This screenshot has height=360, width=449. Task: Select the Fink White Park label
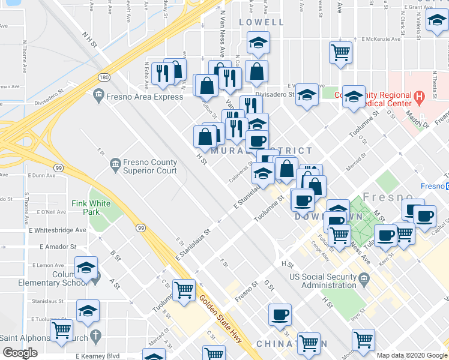pos(91,208)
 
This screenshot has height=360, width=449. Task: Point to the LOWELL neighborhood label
pos(261,22)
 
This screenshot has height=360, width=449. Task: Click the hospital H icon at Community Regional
pos(419,95)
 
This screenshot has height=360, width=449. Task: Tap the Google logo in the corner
pos(20,353)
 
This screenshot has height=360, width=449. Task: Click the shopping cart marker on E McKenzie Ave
pos(340,52)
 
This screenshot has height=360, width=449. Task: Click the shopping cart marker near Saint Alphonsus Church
pos(62,329)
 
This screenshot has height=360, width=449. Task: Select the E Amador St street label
pos(58,247)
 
